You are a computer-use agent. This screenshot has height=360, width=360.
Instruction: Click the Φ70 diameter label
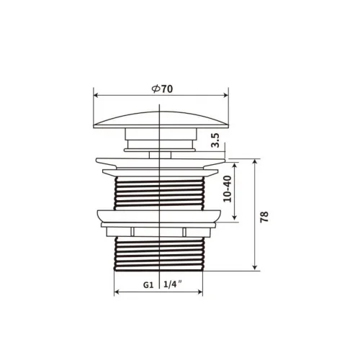pos(162,89)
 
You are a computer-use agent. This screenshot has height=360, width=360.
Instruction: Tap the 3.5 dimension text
pos(215,140)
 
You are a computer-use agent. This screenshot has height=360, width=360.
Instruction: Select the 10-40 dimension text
pos(228,189)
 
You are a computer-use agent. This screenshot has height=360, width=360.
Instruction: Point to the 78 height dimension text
pos(264,217)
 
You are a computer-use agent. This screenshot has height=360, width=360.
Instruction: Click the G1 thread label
pos(148,285)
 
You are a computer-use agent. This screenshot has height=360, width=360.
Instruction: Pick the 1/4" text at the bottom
pos(172,284)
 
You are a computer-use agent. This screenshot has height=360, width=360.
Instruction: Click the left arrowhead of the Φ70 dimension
pos(96,95)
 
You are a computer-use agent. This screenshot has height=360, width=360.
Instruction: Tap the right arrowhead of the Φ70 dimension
pos(226,95)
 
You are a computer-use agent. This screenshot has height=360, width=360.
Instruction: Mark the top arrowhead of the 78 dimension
pos(255,161)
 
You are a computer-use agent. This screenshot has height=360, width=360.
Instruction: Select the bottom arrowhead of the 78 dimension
pos(255,268)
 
